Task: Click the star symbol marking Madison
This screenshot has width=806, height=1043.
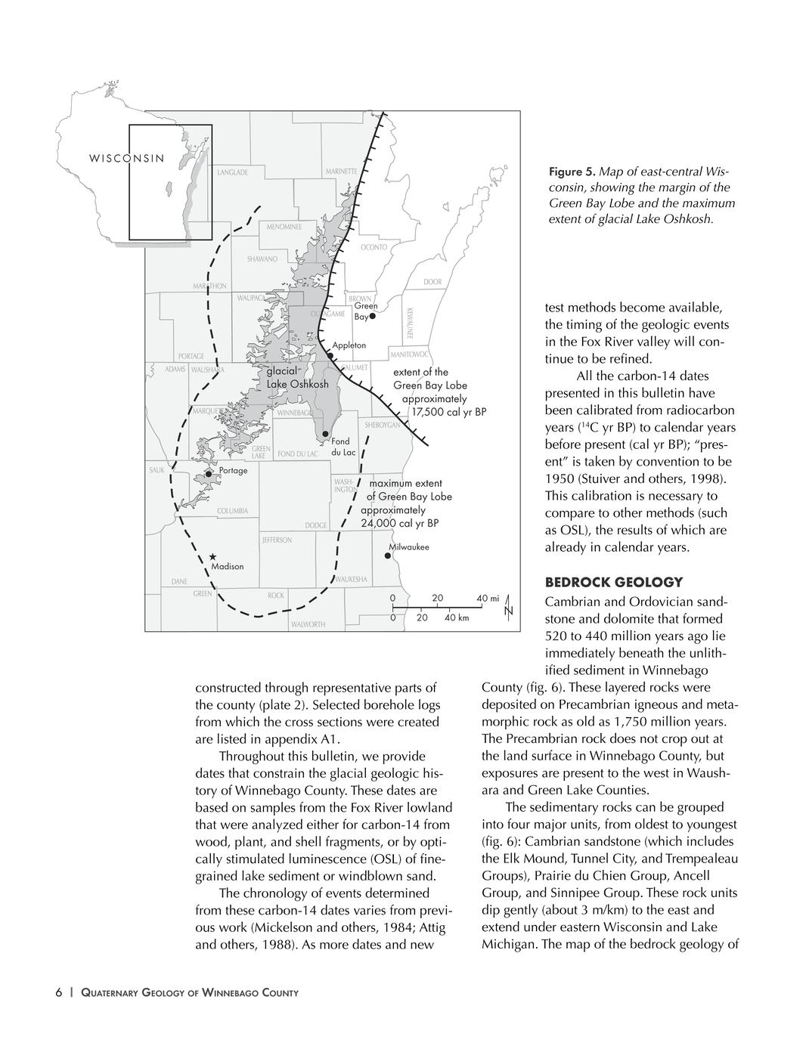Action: tap(214, 556)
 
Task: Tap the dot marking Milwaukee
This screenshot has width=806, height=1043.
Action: tap(388, 556)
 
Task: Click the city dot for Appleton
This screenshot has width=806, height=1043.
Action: tap(330, 355)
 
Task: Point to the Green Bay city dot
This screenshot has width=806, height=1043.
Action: tap(373, 316)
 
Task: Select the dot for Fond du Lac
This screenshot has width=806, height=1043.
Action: tap(325, 434)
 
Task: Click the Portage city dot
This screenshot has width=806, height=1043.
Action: tap(209, 474)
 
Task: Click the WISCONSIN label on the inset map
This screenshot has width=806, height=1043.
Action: tap(126, 159)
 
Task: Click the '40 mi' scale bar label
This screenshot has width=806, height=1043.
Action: tap(488, 599)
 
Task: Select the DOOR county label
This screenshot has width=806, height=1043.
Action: tap(432, 282)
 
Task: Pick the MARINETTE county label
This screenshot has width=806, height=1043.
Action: tap(342, 172)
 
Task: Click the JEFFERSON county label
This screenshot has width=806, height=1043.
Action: tap(277, 540)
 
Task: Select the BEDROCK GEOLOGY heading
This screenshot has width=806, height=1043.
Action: tap(613, 582)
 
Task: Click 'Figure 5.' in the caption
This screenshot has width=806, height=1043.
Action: tap(572, 172)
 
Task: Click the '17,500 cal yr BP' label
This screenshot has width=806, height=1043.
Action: tap(448, 412)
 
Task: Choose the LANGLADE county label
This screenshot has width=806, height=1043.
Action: tap(232, 173)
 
